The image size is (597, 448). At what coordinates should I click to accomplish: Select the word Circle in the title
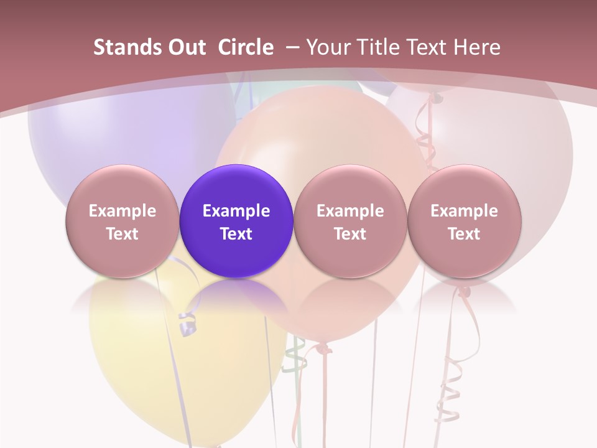coord(246,47)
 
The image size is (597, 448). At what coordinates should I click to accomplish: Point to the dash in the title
coord(293,47)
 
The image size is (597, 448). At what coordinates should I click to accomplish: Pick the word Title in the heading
coord(376,47)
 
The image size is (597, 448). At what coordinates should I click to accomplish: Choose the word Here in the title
coord(476,47)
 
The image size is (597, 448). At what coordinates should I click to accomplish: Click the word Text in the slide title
coord(425,47)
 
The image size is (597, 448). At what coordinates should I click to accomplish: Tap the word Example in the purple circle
coord(236,211)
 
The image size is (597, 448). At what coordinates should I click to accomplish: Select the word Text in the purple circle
coord(236,234)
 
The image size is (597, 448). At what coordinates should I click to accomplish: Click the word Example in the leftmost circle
coord(123,211)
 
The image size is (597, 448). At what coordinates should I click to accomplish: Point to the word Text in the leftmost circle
coord(123,234)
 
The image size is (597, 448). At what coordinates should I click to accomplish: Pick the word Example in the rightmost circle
coord(465,211)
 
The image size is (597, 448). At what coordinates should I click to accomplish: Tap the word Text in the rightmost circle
coord(465,234)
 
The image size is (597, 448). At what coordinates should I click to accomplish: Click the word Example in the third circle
coord(350,211)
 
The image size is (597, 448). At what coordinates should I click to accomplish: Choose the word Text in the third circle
coord(350,234)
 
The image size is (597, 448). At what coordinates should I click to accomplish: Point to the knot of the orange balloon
coord(322,347)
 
